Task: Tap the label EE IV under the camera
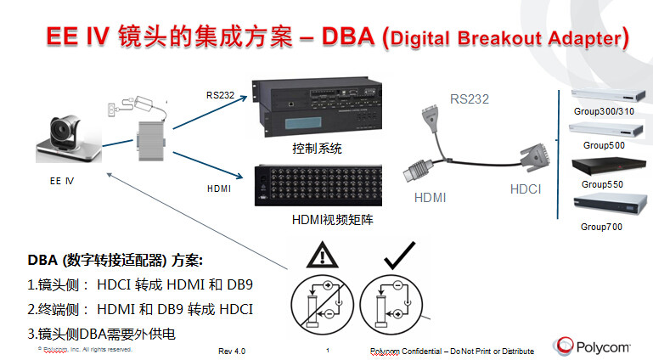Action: coord(62,180)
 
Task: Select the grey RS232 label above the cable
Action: coord(469,98)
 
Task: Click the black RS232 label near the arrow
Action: coord(218,94)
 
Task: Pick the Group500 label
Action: coord(605,146)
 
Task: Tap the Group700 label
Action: coord(604,227)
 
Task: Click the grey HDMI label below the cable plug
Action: coord(431,197)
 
